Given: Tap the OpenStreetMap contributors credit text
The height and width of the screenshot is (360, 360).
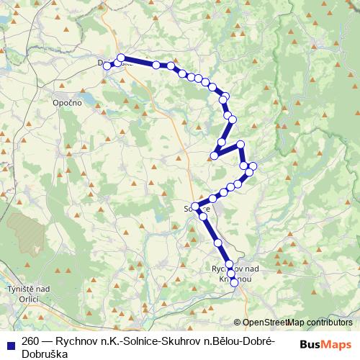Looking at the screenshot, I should [x=297, y=322].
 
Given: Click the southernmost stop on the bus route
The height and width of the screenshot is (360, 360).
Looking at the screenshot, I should [x=234, y=283].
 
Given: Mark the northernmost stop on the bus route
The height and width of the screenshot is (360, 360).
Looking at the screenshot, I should [x=121, y=58].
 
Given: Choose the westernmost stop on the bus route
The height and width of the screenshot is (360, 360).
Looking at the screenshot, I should [x=107, y=66].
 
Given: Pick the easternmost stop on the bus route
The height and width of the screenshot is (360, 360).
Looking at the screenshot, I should [x=253, y=168].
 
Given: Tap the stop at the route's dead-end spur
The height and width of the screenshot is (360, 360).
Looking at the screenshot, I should [x=214, y=156].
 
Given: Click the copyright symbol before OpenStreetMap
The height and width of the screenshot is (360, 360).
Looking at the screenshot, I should [x=238, y=322].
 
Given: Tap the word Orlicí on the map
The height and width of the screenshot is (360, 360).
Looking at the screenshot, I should [x=28, y=298].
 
